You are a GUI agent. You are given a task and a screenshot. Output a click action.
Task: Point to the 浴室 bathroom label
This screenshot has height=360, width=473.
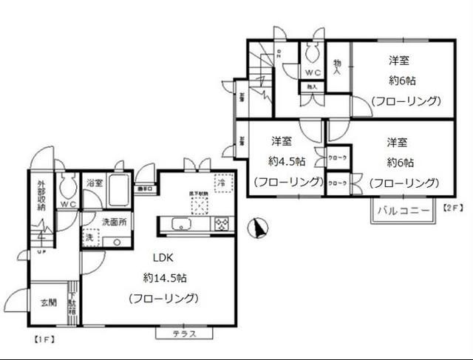point(94,182)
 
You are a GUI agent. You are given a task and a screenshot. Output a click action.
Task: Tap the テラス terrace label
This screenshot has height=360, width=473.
point(184,333)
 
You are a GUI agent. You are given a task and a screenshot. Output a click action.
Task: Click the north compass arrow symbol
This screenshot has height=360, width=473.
point(258,229)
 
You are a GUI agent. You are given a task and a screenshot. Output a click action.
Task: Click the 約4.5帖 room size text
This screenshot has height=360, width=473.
point(285,161)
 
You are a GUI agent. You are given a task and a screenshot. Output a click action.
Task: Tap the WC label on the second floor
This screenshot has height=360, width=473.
point(313,72)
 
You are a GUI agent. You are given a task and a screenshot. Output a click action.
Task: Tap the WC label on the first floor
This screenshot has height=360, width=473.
point(69,204)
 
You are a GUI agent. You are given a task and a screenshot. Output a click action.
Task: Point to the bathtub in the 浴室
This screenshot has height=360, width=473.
point(118,193)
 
